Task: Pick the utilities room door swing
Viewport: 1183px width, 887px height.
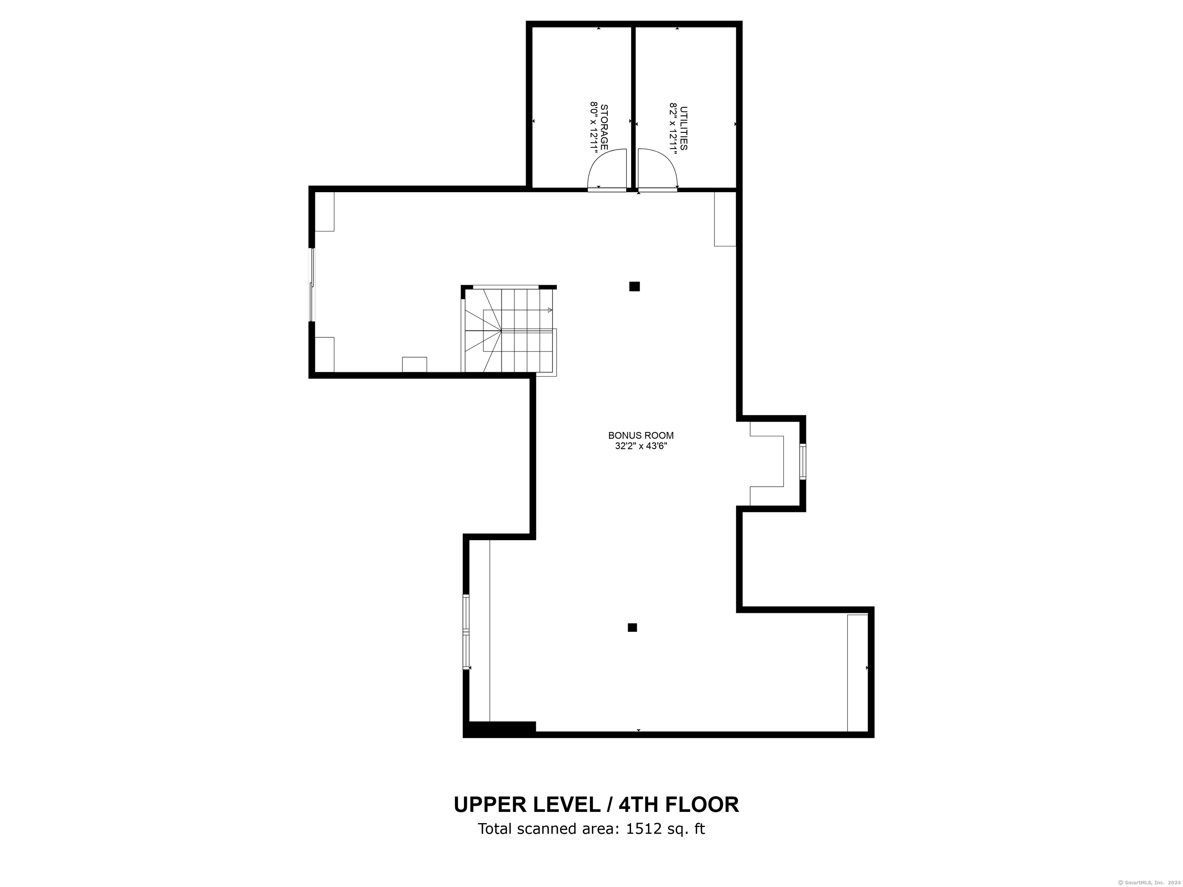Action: click(x=657, y=170)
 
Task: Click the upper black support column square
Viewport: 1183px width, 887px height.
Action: click(x=634, y=286)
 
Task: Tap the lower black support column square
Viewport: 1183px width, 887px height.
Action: click(x=632, y=628)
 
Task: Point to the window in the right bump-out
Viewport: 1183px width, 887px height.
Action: click(x=803, y=461)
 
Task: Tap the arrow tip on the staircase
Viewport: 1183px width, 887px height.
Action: click(x=550, y=310)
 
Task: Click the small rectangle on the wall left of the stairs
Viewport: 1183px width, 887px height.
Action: click(x=414, y=364)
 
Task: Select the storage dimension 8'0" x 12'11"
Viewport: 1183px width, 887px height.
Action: click(x=593, y=128)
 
